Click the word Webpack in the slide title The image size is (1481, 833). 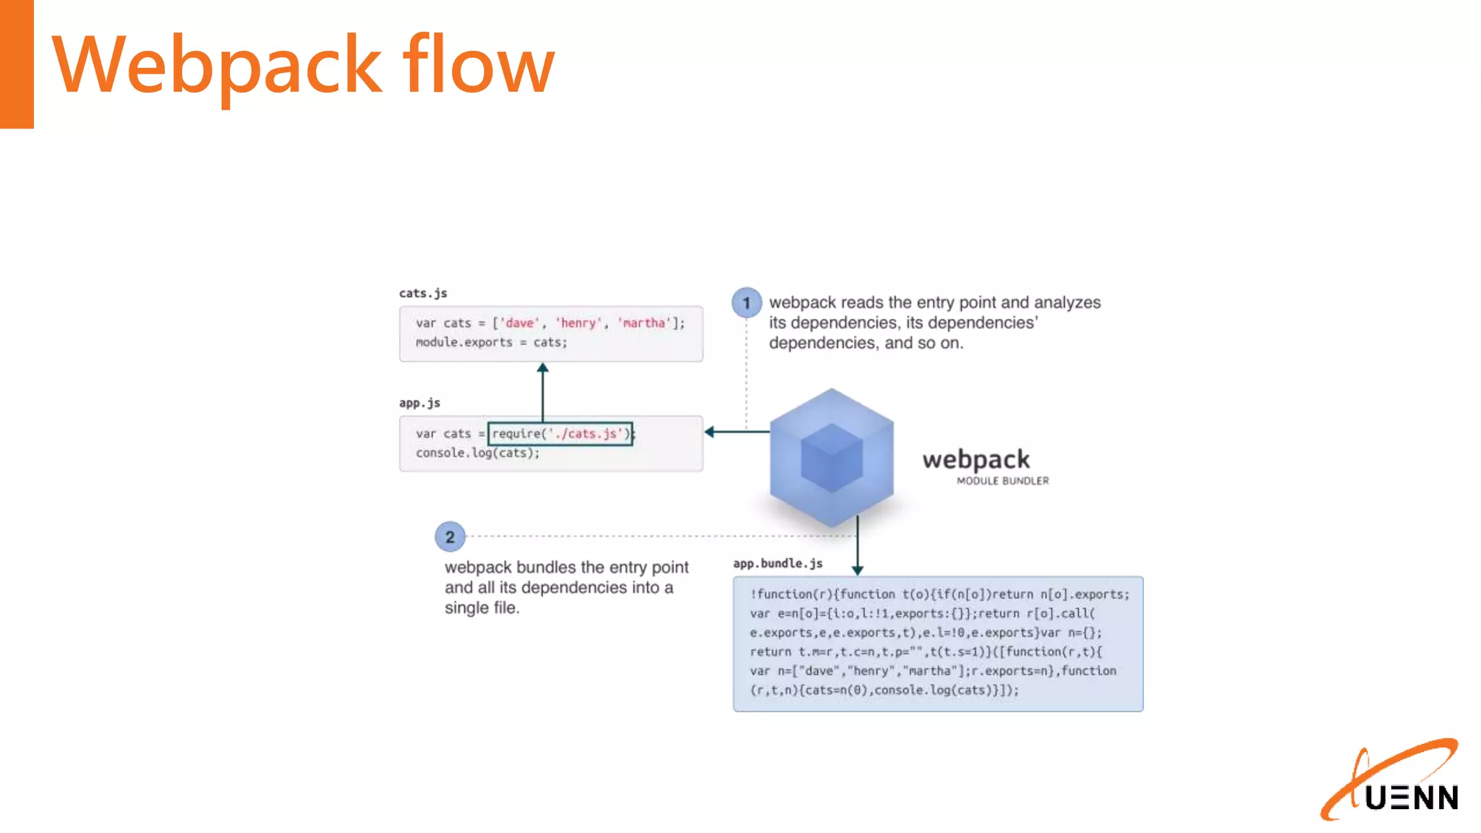217,67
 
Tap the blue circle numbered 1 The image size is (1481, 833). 746,303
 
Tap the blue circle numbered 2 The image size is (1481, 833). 450,537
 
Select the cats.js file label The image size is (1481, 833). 423,293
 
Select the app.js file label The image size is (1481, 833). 419,403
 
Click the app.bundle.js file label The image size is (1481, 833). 777,563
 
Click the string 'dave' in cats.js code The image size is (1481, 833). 519,323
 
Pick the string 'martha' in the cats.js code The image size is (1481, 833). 644,323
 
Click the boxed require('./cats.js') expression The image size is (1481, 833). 560,434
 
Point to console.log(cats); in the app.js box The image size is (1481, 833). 477,453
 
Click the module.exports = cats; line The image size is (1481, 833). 491,343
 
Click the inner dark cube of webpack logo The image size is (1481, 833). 832,458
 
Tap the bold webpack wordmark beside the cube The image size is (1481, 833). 976,460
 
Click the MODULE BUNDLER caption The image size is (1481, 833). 1002,481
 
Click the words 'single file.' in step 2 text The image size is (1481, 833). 482,608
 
